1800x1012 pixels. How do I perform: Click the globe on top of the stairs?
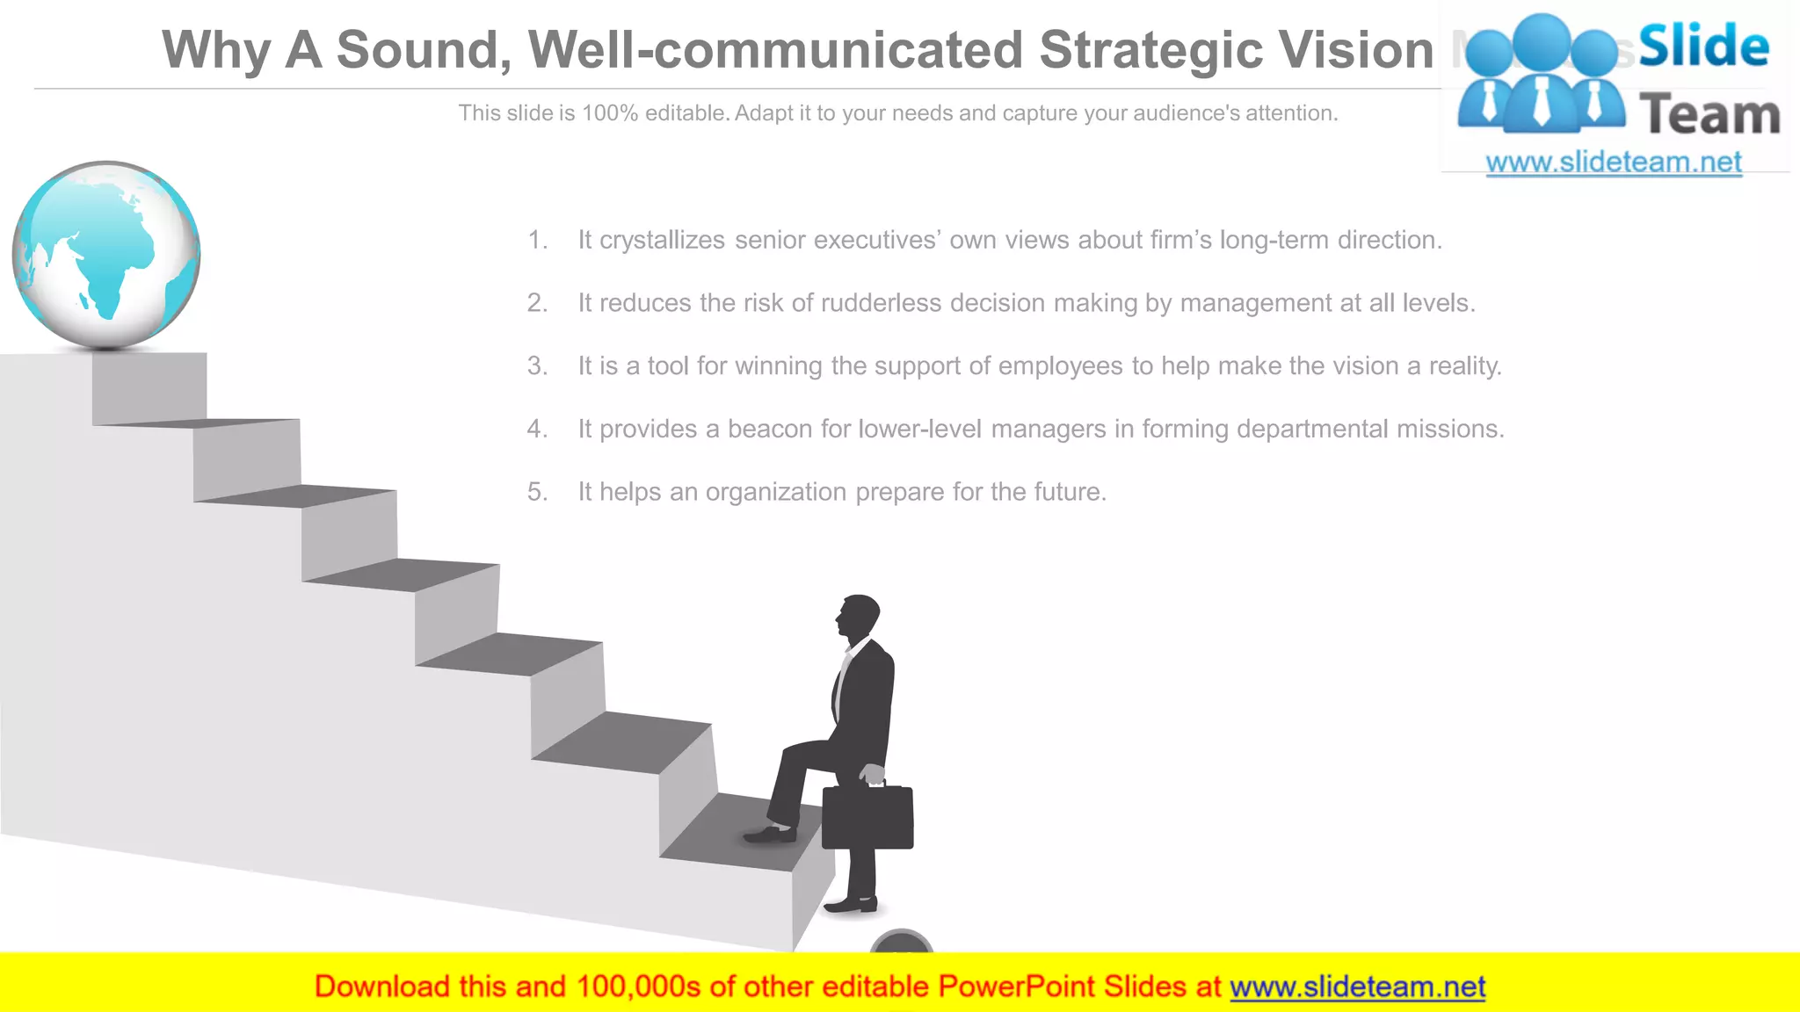click(106, 255)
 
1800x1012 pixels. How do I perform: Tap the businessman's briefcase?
click(867, 817)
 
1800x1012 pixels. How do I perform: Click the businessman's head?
click(859, 615)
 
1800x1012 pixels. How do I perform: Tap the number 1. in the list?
click(537, 240)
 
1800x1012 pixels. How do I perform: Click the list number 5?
click(537, 492)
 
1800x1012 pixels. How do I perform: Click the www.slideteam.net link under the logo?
click(1614, 163)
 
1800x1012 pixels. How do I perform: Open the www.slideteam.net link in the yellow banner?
click(1357, 987)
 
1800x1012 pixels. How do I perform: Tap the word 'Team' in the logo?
click(1709, 115)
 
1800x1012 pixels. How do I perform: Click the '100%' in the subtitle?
click(609, 113)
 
